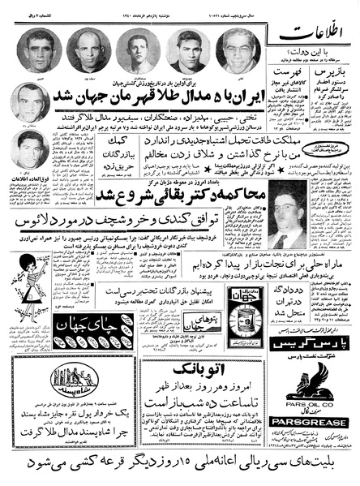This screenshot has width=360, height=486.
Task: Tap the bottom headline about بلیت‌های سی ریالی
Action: coord(180,465)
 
